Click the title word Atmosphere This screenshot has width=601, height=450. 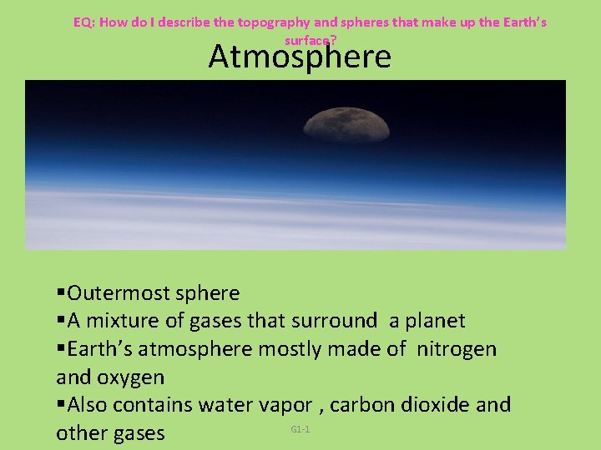[x=300, y=57]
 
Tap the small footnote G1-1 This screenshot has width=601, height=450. [x=300, y=429]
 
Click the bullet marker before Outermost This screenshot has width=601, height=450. [x=61, y=293]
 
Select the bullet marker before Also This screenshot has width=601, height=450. [x=61, y=405]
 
